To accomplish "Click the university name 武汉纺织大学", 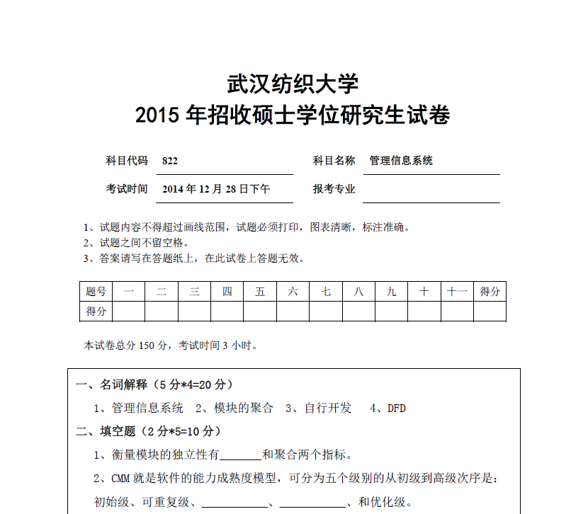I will point(293,84).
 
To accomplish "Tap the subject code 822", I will point(170,161).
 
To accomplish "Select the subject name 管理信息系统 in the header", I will point(401,161).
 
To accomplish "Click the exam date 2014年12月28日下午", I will point(216,189).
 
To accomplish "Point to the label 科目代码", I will point(127,161).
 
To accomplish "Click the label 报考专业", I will point(334,189).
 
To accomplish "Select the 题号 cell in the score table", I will point(96,292).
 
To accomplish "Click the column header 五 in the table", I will point(260,292).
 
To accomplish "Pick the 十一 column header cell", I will point(457,292).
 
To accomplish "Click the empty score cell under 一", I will point(128,311).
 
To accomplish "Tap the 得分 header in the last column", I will point(490,292).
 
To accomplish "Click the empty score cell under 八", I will point(358,311).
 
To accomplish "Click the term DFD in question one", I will point(397,408).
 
